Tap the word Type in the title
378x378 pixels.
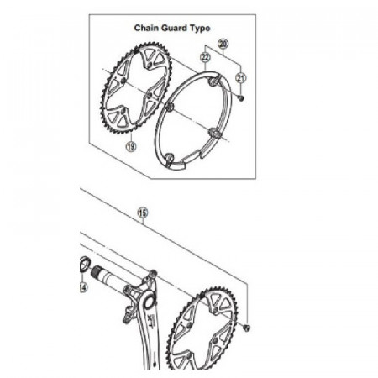(x=200, y=29)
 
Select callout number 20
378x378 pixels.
(x=223, y=44)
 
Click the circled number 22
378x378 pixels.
(x=205, y=57)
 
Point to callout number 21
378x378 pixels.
(x=240, y=78)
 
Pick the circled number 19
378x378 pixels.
(x=131, y=146)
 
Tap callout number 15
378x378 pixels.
(x=143, y=213)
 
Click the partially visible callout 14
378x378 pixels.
(x=83, y=287)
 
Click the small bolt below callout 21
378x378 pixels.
(x=240, y=97)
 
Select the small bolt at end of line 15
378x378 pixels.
(x=247, y=328)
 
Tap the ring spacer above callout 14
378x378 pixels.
(x=84, y=264)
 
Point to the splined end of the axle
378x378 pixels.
(x=96, y=272)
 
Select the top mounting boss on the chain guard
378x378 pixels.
(x=213, y=82)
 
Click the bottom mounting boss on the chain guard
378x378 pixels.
(x=168, y=158)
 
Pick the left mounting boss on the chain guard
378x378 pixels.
(x=170, y=107)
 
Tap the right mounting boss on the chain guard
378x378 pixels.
(x=215, y=132)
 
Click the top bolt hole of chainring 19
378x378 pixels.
(x=150, y=66)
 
